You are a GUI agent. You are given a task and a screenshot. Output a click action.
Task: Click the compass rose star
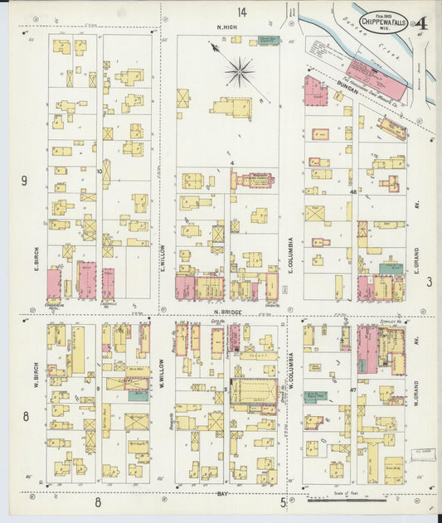[x=239, y=71]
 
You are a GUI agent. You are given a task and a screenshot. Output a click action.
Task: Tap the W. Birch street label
[x=36, y=365]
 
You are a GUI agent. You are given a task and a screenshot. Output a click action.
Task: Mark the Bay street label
[x=222, y=493]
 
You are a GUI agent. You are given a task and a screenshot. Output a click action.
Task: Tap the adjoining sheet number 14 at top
[x=241, y=12]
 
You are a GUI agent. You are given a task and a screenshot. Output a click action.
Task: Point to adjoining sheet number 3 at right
[x=430, y=283]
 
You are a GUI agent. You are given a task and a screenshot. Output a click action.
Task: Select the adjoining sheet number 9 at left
[x=24, y=181]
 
